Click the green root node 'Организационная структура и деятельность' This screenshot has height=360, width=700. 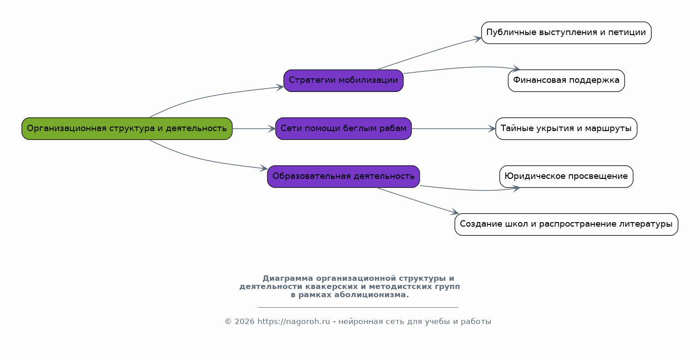(127, 128)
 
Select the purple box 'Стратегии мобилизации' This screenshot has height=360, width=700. (343, 81)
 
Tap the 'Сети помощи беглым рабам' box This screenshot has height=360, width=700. (343, 128)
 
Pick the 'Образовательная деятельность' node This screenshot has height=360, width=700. (343, 177)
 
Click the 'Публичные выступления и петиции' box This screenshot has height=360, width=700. (566, 33)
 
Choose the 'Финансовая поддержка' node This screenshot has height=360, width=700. (566, 81)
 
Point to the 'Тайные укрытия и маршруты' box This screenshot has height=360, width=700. (566, 128)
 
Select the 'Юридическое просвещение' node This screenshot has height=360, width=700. (566, 177)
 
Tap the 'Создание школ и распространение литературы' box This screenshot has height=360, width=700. (566, 224)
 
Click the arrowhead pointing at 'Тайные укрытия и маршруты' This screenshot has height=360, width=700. (492, 128)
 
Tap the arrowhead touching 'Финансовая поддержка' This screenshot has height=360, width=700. (516, 69)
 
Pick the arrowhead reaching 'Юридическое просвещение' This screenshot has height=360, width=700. (516, 188)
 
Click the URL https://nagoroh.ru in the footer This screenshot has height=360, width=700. (293, 321)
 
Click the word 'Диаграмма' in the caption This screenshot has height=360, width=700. (288, 279)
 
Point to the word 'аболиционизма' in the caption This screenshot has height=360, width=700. (372, 294)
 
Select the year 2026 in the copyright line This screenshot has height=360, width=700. (244, 321)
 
